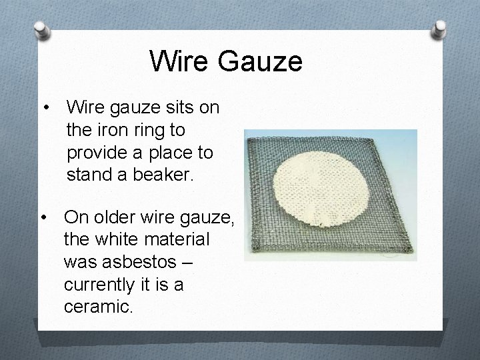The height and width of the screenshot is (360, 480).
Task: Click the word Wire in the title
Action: coord(177,61)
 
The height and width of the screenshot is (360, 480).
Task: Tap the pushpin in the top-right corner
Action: coord(440,28)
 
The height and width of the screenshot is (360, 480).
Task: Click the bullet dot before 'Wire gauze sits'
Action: coord(46,107)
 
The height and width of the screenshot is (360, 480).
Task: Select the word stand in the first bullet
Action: coord(91,175)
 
